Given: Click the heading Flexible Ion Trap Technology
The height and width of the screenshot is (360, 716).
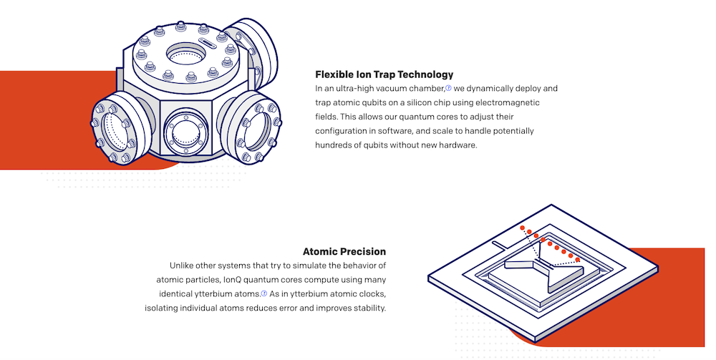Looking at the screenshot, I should click(x=384, y=74).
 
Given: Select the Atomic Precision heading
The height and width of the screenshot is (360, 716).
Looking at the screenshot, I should click(x=344, y=252).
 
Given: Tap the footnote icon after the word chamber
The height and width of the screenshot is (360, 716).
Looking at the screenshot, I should click(x=448, y=88).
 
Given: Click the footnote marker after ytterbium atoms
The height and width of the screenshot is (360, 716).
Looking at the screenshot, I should click(x=263, y=293).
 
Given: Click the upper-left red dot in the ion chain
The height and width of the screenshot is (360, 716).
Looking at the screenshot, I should click(x=523, y=228).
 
